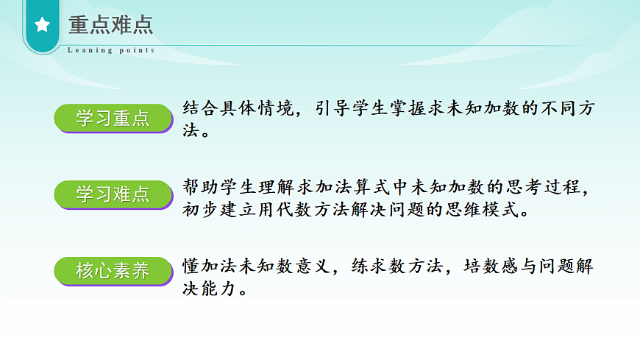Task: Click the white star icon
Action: (x=43, y=25)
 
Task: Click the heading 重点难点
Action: (x=110, y=24)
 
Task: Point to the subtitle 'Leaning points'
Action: (x=111, y=50)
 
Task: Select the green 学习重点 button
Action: (x=113, y=118)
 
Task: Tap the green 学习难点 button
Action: (x=113, y=194)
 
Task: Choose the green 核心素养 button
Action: (x=113, y=270)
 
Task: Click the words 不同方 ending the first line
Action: (x=567, y=109)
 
